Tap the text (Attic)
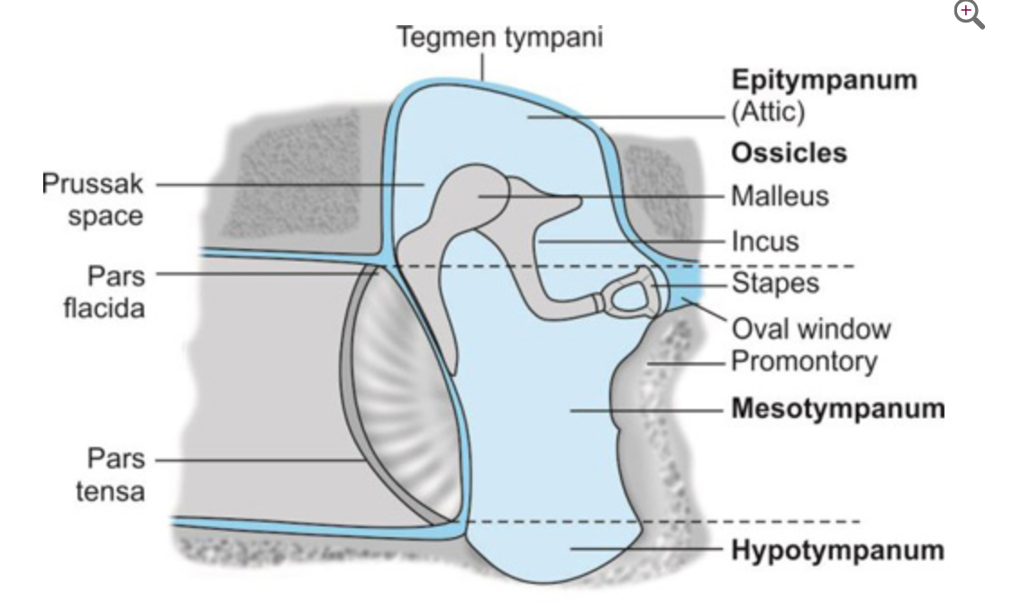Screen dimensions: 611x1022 [767, 114]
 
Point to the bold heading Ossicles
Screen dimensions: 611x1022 [789, 153]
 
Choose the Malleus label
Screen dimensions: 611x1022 [779, 196]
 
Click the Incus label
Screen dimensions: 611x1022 [764, 242]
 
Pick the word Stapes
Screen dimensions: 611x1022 [775, 283]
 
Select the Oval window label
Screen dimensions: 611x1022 [809, 328]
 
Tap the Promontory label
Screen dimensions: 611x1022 [803, 362]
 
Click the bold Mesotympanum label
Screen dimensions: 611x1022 [837, 408]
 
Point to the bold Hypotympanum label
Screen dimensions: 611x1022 [837, 549]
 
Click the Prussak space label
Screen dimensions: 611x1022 [93, 201]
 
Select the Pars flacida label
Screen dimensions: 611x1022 [104, 290]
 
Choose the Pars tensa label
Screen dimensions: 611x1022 [114, 475]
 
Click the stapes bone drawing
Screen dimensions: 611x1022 [629, 293]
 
